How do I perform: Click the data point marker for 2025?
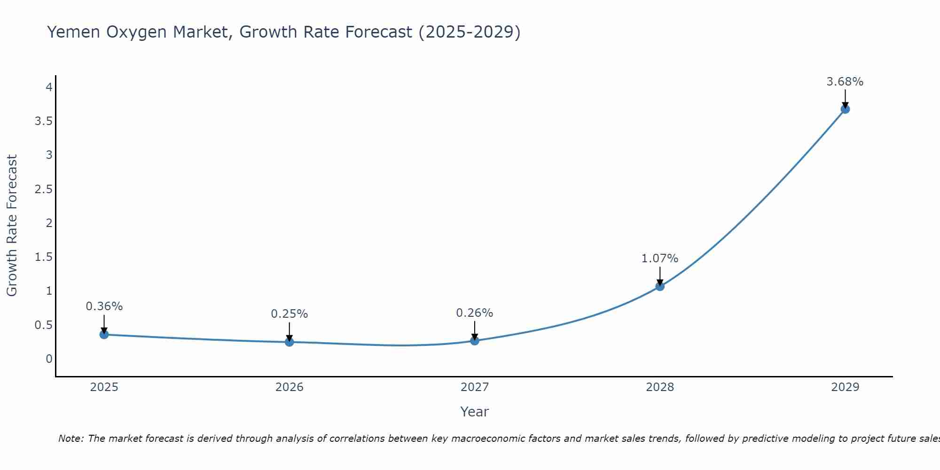click(x=104, y=335)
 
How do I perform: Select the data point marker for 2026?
click(x=290, y=342)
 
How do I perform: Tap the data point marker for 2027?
click(x=475, y=341)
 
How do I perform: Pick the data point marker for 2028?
click(x=660, y=286)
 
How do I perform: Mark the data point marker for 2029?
click(x=845, y=109)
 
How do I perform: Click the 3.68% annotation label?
click(x=845, y=82)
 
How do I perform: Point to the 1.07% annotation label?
click(x=660, y=258)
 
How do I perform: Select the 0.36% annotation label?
click(x=104, y=306)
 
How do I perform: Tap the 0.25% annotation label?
click(x=290, y=314)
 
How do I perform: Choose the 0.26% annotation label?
click(x=475, y=313)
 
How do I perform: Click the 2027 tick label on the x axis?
click(x=475, y=387)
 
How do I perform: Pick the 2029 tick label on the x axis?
click(x=845, y=387)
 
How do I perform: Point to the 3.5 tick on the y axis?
click(x=43, y=121)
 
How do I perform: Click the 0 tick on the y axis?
click(x=49, y=359)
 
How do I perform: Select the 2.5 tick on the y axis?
click(x=43, y=189)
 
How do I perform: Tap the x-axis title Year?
click(x=475, y=412)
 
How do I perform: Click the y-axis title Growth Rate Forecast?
click(x=12, y=226)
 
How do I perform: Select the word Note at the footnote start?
click(x=70, y=439)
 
